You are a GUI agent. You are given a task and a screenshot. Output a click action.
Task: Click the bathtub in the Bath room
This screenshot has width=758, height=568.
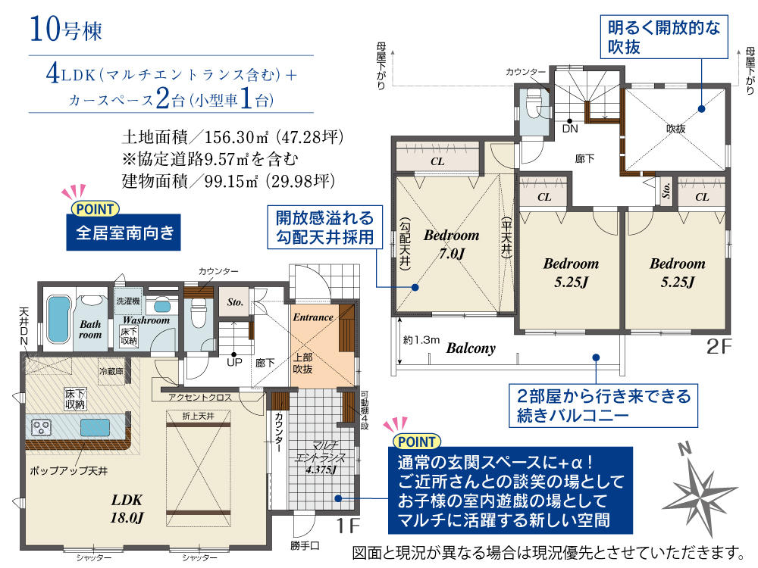(x=58, y=320)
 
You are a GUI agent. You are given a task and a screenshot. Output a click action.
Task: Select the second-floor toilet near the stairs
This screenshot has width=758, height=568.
(x=534, y=103)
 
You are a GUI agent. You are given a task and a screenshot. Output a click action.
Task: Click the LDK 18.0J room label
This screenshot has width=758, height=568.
(x=127, y=509)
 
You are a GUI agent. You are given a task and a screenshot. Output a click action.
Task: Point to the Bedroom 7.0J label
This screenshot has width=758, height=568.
(x=452, y=244)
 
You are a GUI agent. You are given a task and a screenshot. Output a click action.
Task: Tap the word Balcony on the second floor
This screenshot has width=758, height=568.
(x=471, y=348)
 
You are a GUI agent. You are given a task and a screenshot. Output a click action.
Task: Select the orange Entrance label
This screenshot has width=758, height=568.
(x=313, y=317)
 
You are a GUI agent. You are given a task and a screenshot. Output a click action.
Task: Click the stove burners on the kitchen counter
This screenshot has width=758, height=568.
(x=41, y=427)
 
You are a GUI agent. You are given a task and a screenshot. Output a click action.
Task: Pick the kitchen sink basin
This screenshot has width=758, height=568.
(x=95, y=427)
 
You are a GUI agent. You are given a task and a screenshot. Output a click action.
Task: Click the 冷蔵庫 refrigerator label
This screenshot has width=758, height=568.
(x=111, y=371)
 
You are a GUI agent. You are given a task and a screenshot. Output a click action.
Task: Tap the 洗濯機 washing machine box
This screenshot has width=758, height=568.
(x=128, y=301)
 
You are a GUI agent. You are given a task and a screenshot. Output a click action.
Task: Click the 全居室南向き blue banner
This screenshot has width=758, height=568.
(x=124, y=233)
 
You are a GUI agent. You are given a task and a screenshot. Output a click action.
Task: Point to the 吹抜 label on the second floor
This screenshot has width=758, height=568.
(x=676, y=129)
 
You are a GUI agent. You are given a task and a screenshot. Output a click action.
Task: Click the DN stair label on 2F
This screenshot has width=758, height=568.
(x=570, y=129)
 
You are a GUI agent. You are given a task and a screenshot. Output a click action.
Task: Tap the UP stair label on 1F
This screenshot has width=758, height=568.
(x=234, y=362)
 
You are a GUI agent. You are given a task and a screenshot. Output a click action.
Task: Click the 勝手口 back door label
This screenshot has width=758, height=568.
(x=305, y=546)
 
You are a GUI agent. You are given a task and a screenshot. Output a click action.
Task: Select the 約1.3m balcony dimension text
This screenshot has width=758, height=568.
(x=421, y=340)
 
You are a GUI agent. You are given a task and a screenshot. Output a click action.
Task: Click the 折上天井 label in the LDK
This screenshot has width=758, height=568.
(x=198, y=416)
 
